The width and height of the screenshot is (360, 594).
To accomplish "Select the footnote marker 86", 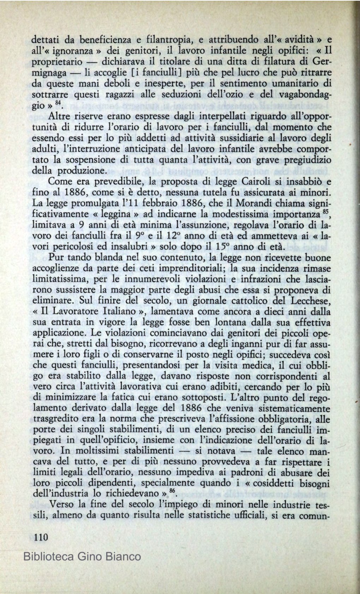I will [x=172, y=491].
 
